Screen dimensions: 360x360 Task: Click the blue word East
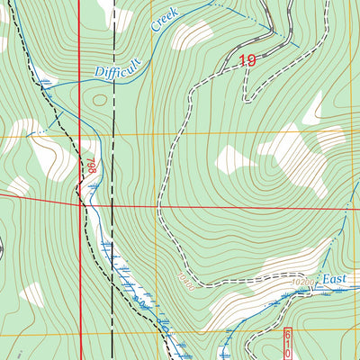coord(336,280)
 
